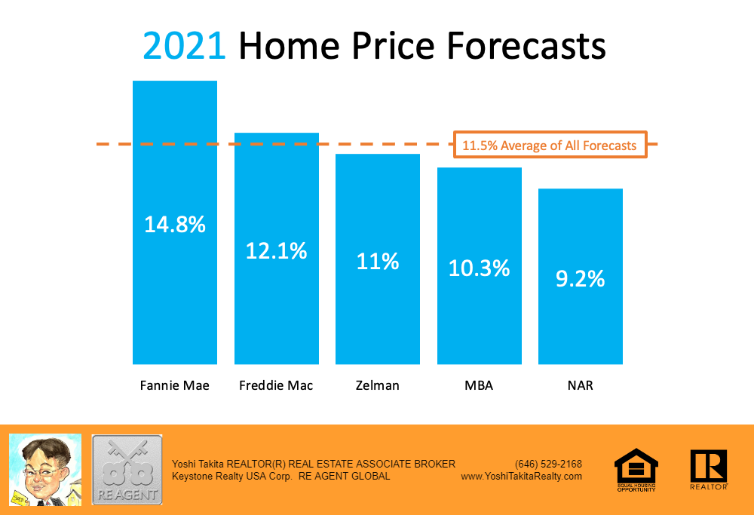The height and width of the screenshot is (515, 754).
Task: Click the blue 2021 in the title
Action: point(185,45)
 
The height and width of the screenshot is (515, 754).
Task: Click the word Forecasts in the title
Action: point(526,45)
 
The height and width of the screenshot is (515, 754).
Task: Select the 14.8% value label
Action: point(175,224)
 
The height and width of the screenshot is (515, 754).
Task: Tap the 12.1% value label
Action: point(277,250)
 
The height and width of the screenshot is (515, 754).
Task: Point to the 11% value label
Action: point(378,261)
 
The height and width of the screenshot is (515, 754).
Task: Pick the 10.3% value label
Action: point(480,268)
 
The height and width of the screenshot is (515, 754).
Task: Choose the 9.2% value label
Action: point(581,278)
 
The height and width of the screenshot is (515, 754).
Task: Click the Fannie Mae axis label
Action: point(175,385)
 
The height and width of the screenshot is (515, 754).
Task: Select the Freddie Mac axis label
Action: point(276,385)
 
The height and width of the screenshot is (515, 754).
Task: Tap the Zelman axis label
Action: point(377,385)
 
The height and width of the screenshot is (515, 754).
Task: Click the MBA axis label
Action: point(479,385)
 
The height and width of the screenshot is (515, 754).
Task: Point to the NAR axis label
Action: point(581,385)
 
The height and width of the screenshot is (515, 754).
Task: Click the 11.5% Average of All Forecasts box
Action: point(550,146)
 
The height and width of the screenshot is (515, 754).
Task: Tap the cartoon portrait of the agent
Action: point(45,469)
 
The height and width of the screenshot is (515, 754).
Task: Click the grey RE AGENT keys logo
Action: point(127,469)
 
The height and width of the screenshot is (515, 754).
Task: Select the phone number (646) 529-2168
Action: point(548,464)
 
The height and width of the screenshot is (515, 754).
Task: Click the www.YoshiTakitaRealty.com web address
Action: point(521,477)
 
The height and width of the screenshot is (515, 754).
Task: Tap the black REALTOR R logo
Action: point(708,468)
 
